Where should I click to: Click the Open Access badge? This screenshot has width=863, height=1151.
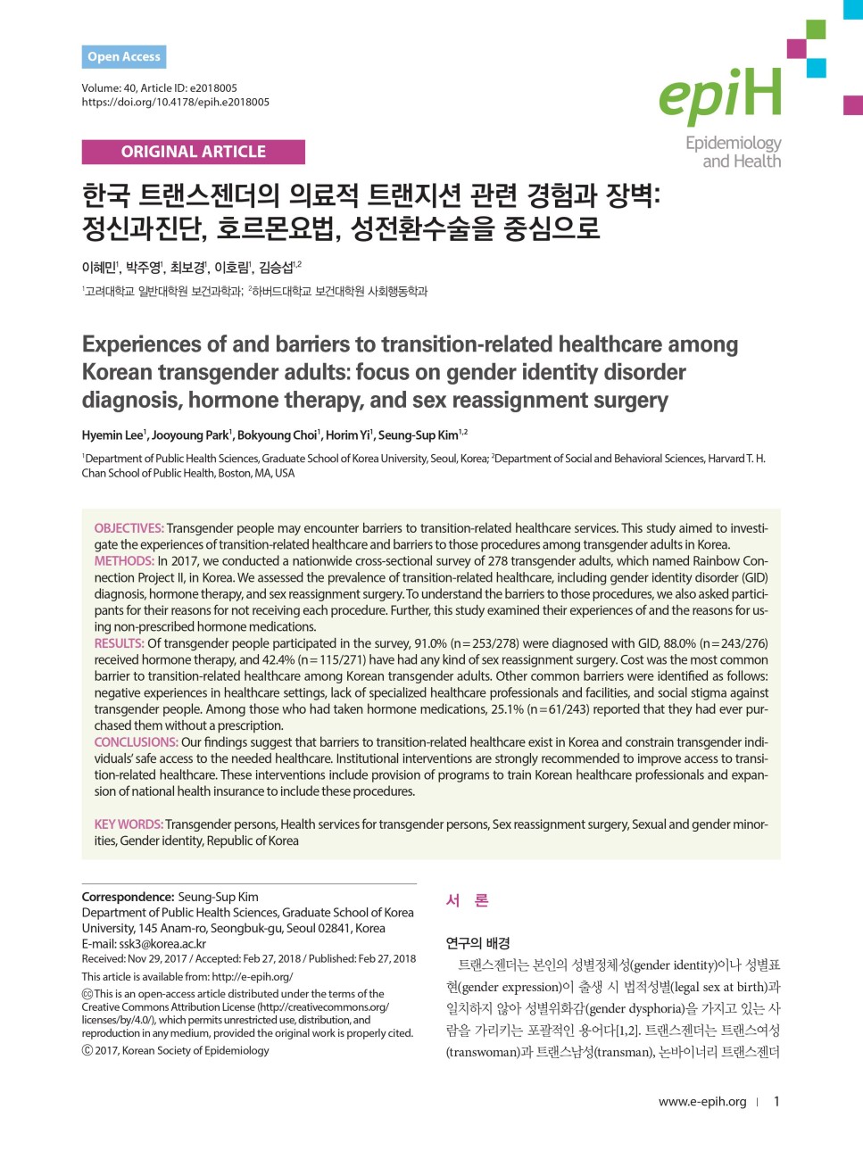coord(124,57)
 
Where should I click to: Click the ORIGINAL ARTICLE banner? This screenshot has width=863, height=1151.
coord(193,152)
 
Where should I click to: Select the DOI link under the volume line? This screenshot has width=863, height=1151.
coord(175,103)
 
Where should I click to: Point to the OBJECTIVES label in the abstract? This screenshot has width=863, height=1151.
coord(129,528)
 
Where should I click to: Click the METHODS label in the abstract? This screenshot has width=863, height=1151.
coord(124,561)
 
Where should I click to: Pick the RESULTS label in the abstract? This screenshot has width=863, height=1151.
coord(119,643)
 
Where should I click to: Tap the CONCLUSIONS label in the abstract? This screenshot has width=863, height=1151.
coord(136,742)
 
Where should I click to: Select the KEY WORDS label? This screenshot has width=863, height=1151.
coord(129,824)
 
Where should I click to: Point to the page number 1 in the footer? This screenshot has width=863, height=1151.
coord(776,1102)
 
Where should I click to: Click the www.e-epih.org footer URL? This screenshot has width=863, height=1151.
coord(702,1102)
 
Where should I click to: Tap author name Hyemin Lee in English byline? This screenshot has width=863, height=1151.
coord(112,435)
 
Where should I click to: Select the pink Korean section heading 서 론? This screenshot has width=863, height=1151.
coord(467,901)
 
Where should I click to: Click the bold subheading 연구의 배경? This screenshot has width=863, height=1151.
coord(477,943)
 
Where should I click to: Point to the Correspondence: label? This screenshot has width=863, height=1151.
coord(128,897)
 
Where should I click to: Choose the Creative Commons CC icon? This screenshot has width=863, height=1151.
coord(87,994)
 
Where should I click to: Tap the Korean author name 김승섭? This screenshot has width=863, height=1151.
coord(276,268)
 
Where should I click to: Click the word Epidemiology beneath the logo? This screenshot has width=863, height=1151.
coord(733,144)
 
